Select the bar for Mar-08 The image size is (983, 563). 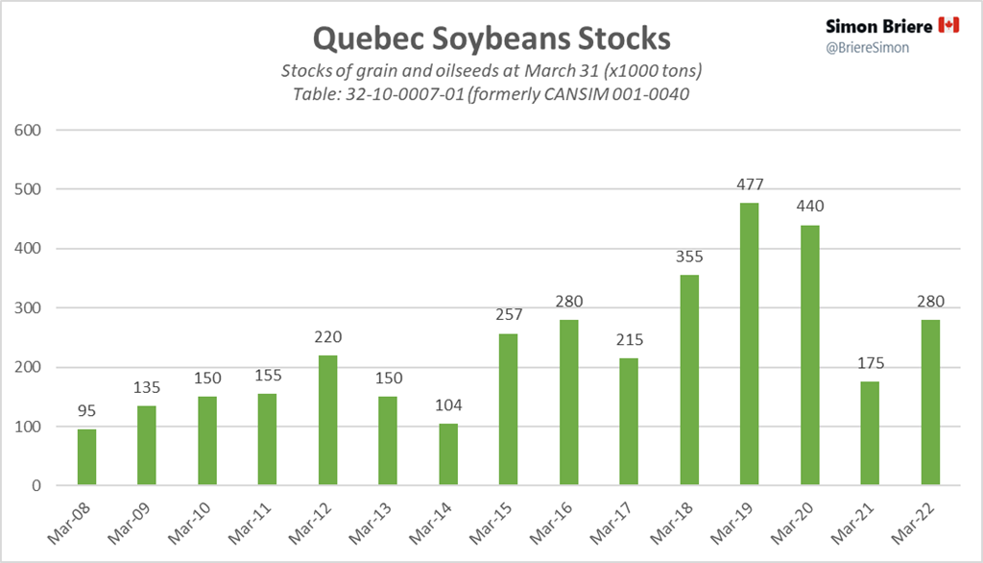point(86,457)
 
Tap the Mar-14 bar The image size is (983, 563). point(448,454)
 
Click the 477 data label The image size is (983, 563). point(749,184)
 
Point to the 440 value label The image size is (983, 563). point(809,207)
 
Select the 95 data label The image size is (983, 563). point(86,411)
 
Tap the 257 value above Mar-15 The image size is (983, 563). point(508,315)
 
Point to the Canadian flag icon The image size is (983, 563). point(948,25)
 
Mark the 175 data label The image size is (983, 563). point(869,364)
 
